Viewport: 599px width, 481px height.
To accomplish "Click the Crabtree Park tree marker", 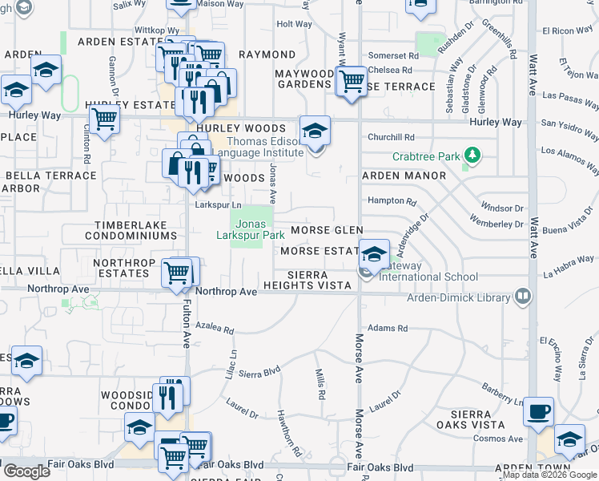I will (473, 154).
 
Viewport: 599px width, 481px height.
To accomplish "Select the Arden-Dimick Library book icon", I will (524, 297).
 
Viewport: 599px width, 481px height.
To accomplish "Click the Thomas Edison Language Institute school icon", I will (315, 130).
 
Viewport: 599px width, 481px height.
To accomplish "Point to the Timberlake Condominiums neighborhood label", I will (135, 231).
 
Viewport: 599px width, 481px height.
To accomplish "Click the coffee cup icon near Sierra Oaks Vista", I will (538, 410).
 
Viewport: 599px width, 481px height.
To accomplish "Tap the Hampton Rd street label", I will (392, 201).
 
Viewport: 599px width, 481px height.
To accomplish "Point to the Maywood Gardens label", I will (304, 79).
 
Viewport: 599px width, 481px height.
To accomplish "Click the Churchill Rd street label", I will (391, 137).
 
